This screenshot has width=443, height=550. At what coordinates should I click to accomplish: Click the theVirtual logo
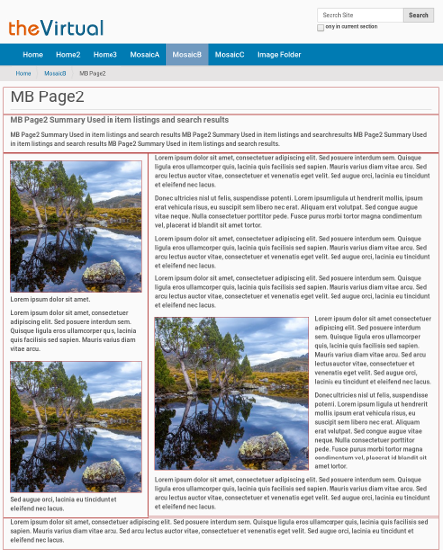56,28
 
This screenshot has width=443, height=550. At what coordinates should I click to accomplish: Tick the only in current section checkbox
320,27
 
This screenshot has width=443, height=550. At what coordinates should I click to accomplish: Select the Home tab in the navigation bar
33,55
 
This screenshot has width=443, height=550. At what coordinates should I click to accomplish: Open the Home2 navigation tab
68,55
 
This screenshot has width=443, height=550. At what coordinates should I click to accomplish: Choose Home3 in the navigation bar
105,55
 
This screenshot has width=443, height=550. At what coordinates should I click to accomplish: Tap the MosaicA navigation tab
143,55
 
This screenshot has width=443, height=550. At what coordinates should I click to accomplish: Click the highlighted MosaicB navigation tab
186,55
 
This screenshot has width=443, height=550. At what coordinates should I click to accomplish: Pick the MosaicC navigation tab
229,55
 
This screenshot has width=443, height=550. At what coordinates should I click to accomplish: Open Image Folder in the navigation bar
279,55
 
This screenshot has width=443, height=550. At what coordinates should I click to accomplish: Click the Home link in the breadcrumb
23,73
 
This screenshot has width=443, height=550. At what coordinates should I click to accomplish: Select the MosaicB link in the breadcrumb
55,73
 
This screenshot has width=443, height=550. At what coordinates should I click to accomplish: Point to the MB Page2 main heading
48,97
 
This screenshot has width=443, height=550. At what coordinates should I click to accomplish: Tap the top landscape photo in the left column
76,227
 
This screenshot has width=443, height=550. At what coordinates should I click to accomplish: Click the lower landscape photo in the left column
76,428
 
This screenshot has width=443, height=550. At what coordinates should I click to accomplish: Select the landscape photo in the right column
232,394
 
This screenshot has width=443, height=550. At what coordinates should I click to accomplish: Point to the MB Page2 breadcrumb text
93,73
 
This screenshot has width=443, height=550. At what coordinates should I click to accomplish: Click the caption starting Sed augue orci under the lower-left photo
64,503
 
